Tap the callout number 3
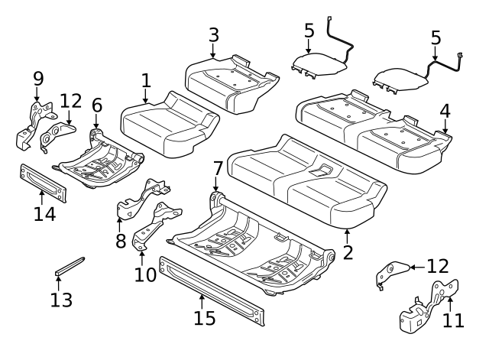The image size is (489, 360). click(213, 34)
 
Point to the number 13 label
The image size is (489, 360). click(60, 300)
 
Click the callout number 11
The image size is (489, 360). click(453, 319)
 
